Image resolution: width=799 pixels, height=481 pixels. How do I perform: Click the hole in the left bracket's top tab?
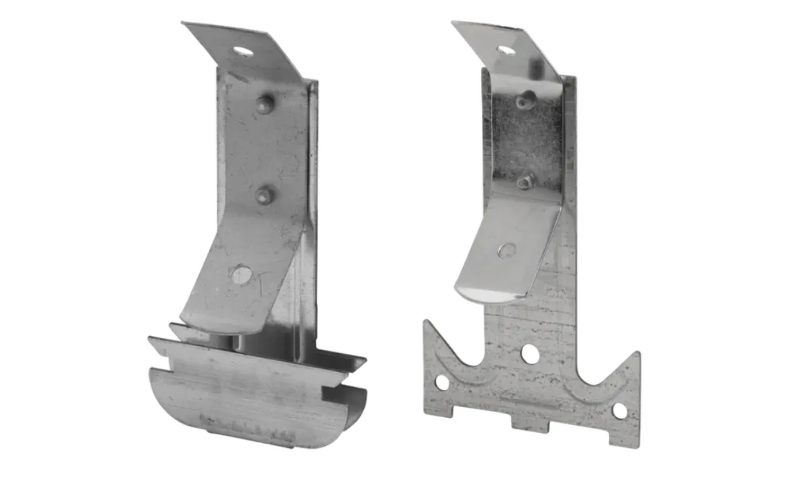pos(244,51)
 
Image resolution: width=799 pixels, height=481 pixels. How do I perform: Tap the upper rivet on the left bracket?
pos(263,102)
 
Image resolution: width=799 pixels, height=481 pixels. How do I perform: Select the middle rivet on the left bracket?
pos(263,194)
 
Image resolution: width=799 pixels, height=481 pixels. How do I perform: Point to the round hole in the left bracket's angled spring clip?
pos(241,274)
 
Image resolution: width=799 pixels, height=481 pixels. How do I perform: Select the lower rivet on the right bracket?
pos(524,182)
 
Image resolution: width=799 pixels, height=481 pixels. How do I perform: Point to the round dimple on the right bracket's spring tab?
pos(506,250)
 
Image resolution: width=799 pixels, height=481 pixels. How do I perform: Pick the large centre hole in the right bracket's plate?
pos(530,353)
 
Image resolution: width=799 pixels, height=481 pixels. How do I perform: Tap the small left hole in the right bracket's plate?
pos(442,382)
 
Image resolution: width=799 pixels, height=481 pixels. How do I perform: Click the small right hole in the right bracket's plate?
pos(619,411)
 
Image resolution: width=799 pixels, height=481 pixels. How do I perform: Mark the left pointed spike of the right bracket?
pos(428,328)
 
